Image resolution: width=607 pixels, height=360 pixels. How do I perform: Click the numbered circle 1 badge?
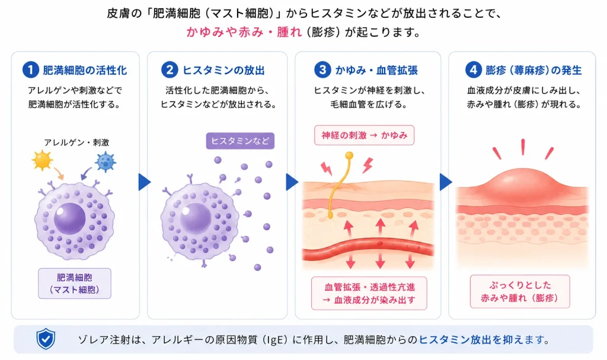point(31,70)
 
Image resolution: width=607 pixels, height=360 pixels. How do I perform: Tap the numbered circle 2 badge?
point(170,70)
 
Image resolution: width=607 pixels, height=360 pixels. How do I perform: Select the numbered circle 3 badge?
point(322,70)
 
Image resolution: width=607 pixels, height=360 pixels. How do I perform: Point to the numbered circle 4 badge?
point(473,70)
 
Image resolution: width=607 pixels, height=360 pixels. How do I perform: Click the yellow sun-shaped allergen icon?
point(42,161)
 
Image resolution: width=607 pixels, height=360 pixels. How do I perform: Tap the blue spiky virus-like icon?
point(106,162)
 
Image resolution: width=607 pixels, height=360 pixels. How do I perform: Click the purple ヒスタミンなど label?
point(240,141)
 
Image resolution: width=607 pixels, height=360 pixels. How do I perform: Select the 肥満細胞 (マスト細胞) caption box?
point(75,283)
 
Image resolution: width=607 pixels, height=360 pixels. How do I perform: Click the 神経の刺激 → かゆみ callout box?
point(365,135)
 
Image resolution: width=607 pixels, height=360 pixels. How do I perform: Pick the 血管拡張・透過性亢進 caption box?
point(369,294)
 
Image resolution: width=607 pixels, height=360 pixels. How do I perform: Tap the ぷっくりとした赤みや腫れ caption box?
point(520,291)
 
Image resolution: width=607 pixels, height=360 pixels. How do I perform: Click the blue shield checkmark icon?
point(46,339)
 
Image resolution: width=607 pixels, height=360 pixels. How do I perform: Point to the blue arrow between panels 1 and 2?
point(144,182)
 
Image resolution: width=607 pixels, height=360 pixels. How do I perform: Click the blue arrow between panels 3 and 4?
point(446,182)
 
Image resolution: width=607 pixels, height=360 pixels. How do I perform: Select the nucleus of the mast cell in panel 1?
point(70,219)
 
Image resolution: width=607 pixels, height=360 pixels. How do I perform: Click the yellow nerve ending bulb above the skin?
point(349,156)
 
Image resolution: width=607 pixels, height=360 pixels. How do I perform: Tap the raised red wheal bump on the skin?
point(523,184)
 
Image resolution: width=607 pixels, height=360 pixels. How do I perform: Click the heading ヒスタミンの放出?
point(223,70)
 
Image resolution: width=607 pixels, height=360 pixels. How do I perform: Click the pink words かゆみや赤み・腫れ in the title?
point(244,32)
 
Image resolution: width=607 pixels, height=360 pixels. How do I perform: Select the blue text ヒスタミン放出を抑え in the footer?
point(471,340)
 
